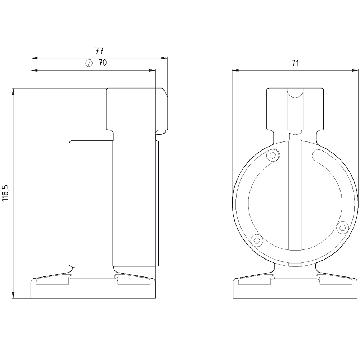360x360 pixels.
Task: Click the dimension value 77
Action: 99,50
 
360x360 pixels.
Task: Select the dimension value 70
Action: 102,63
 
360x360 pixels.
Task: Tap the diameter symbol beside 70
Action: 89,63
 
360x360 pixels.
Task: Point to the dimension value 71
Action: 295,63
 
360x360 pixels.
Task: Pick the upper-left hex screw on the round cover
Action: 273,156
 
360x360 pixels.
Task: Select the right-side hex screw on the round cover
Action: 343,227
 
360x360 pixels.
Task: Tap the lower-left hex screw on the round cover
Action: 257,240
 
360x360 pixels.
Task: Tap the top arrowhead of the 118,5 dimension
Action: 14,92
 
